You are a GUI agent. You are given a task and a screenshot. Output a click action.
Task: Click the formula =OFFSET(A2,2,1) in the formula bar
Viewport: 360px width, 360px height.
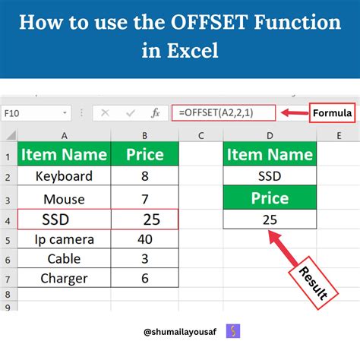pos(217,113)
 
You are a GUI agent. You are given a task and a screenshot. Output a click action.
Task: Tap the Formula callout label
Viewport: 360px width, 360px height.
pos(332,113)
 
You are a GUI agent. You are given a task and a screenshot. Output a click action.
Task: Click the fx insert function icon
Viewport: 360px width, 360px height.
pos(155,113)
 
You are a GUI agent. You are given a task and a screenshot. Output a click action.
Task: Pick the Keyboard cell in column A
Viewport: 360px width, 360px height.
pos(64,176)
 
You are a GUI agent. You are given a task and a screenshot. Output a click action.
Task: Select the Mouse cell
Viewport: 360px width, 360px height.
pos(64,198)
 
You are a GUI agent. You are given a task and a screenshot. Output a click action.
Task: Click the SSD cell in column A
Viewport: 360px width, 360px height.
pos(64,219)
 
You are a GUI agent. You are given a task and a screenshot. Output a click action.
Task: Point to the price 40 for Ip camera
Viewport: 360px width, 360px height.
pos(144,239)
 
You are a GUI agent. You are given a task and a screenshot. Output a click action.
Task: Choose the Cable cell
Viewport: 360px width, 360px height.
pos(64,258)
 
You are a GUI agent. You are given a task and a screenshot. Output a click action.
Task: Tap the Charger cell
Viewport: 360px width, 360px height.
pos(64,278)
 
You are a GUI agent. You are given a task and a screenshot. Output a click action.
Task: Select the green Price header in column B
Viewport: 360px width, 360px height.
pos(144,155)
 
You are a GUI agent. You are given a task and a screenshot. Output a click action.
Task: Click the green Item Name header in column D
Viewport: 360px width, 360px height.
pos(270,155)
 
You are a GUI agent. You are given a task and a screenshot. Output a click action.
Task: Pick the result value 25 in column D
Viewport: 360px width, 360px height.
pos(270,219)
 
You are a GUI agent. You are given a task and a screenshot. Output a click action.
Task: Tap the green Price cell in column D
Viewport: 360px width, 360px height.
pos(270,198)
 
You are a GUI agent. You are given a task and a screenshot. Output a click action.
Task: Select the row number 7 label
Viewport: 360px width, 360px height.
pos(6,278)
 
